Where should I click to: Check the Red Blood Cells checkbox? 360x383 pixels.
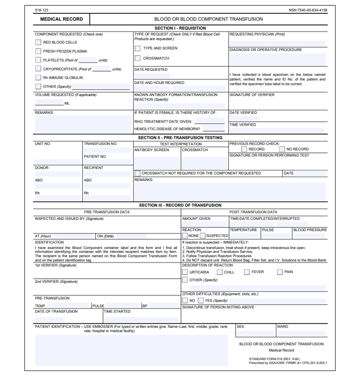[x=38, y=42]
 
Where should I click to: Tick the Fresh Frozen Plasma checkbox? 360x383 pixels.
[x=38, y=51]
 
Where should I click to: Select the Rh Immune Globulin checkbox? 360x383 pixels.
[x=38, y=78]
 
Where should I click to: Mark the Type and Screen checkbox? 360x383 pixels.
[x=138, y=48]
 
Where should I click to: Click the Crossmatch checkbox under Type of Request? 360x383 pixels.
[x=138, y=58]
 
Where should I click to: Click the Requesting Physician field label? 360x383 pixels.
[x=257, y=34]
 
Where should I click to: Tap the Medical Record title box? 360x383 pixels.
[x=61, y=19]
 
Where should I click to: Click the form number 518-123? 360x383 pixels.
[x=42, y=10]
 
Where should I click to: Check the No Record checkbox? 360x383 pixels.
[x=282, y=149]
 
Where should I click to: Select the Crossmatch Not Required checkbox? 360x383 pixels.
[x=138, y=173]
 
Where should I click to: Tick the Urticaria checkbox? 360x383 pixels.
[x=185, y=272]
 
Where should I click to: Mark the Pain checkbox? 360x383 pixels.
[x=280, y=272]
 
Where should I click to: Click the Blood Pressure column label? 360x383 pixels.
[x=310, y=230]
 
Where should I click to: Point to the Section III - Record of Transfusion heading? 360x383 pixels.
[x=180, y=205]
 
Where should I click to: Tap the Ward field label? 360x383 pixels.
[x=282, y=327]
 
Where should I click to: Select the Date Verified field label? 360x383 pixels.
[x=243, y=113]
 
